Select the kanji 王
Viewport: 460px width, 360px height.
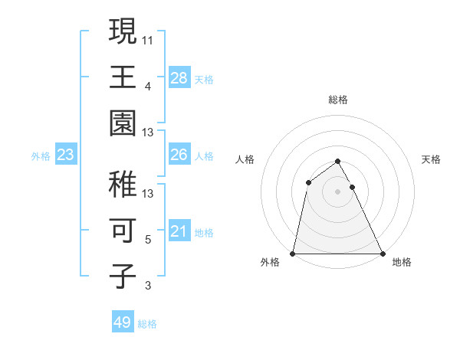coord(123,77)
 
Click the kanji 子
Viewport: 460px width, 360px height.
coord(123,276)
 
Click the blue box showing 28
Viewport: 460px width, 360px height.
coord(179,77)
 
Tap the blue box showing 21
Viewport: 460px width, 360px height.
coord(179,231)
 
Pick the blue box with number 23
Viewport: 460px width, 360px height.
coord(65,155)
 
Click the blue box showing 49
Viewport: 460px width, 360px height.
coord(123,322)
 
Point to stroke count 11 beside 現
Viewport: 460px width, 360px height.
coord(148,38)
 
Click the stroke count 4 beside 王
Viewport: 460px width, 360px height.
coord(148,85)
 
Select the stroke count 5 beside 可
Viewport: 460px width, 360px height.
coord(148,240)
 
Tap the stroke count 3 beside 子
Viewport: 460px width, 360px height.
coord(148,286)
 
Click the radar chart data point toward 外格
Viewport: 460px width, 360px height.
coord(293,253)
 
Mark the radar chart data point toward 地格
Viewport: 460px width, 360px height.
coord(382,253)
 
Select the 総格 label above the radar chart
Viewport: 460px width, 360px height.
coord(337,100)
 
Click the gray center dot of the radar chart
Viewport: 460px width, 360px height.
coord(337,191)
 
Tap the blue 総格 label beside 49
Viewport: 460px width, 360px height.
coord(147,324)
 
